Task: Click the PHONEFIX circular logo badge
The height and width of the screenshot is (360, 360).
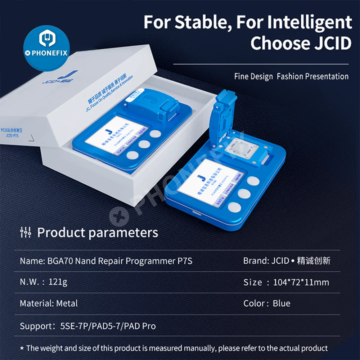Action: [46, 48]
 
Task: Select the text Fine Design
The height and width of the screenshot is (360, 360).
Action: [253, 76]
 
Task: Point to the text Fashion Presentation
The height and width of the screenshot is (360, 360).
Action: [312, 76]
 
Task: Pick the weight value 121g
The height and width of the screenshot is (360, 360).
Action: [58, 282]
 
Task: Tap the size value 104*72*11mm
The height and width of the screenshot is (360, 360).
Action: [301, 282]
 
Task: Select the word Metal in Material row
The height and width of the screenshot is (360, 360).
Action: [67, 303]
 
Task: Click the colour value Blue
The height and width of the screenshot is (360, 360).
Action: [282, 303]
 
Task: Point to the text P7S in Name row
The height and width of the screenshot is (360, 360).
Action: [185, 261]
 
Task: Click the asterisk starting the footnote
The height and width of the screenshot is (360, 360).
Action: [22, 348]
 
